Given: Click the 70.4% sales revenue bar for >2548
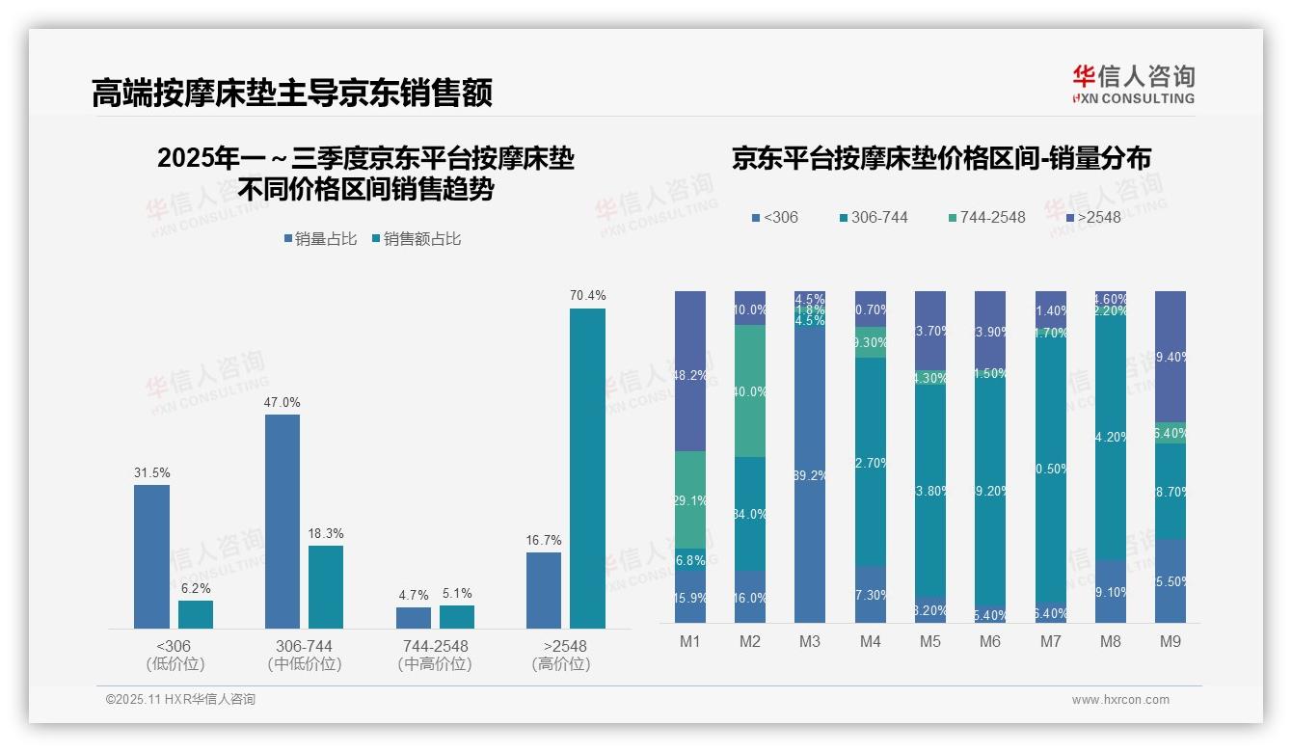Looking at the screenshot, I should click(587, 469).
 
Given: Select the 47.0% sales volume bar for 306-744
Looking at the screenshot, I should click(283, 522).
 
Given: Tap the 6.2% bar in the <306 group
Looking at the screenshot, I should click(196, 614).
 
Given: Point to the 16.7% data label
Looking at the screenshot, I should click(544, 540).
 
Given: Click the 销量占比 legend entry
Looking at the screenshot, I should click(323, 239).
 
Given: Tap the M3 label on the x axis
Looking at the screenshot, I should click(809, 641).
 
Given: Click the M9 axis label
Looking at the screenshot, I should click(1170, 641).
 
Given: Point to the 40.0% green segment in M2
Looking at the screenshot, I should click(749, 391).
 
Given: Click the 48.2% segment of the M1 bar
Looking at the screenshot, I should click(690, 371).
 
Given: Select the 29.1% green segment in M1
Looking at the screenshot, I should click(690, 500).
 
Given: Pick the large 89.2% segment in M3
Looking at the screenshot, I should click(809, 475).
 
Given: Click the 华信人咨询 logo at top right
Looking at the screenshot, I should click(1133, 84).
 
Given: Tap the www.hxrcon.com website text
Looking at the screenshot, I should click(1120, 700).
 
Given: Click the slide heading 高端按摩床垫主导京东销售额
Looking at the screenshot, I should click(292, 93).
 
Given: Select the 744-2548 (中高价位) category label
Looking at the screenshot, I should click(435, 655).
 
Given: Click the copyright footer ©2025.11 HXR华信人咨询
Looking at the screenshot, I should click(180, 700).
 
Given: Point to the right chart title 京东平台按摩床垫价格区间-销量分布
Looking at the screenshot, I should click(941, 159).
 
